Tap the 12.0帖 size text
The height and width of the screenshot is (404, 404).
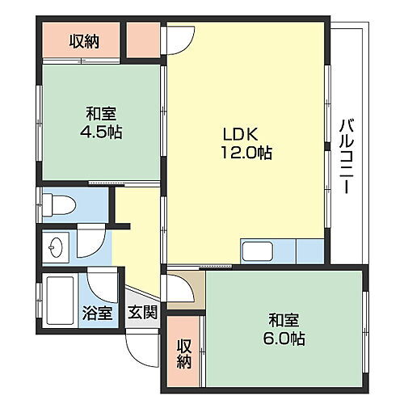point(242,153)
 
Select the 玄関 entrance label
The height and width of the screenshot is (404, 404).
point(144,314)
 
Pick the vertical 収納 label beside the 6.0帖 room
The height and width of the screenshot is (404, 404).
point(184,351)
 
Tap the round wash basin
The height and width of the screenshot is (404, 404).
point(56,246)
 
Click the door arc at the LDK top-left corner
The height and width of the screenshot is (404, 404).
point(181,38)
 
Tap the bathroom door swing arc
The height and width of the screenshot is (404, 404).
point(104,284)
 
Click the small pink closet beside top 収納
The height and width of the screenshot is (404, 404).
point(143,41)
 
